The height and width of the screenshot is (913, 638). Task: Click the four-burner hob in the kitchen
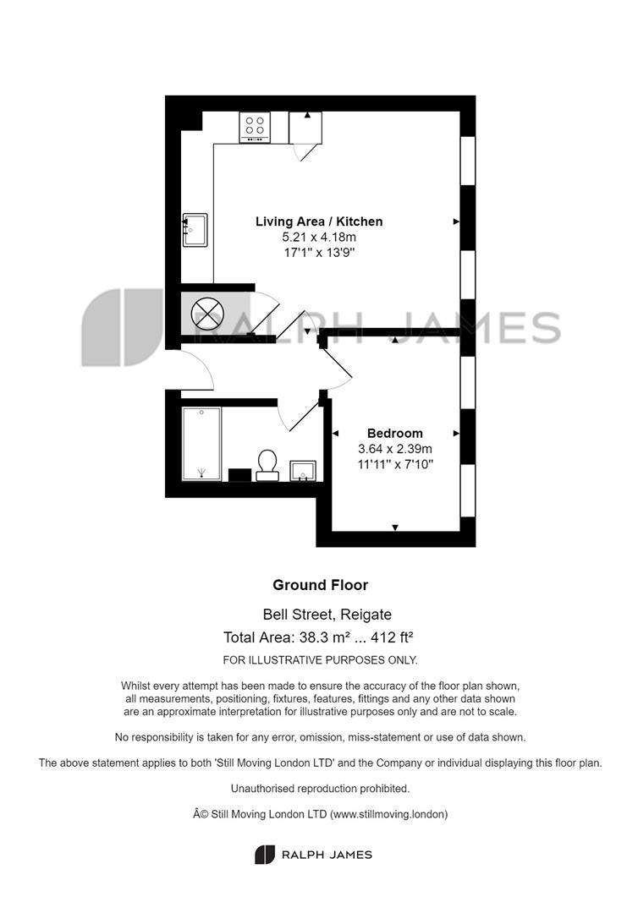pyautogui.click(x=255, y=127)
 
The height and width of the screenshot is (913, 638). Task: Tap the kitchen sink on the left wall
pyautogui.click(x=195, y=230)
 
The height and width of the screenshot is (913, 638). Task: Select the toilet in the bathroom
pyautogui.click(x=267, y=465)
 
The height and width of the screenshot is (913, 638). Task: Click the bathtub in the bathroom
pyautogui.click(x=201, y=444)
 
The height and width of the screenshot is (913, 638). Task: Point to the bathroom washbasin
pyautogui.click(x=303, y=471)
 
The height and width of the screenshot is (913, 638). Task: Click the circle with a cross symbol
pyautogui.click(x=207, y=314)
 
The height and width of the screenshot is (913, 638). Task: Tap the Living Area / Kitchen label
pyautogui.click(x=319, y=221)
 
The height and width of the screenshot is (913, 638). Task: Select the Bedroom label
pyautogui.click(x=395, y=433)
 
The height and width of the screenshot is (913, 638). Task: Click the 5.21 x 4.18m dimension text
pyautogui.click(x=319, y=237)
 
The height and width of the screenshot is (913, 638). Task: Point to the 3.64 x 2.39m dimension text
pyautogui.click(x=395, y=449)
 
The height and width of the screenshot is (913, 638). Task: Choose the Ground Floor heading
pyautogui.click(x=321, y=585)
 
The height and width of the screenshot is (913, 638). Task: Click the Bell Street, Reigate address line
pyautogui.click(x=327, y=615)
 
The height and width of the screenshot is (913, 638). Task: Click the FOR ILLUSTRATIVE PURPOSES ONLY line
pyautogui.click(x=321, y=660)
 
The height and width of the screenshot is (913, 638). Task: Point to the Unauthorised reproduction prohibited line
pyautogui.click(x=321, y=789)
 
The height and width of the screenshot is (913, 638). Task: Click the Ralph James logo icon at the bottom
pyautogui.click(x=265, y=855)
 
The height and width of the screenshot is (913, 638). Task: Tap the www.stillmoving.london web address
pyautogui.click(x=388, y=815)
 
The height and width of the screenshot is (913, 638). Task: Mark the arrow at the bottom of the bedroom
pyautogui.click(x=395, y=528)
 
